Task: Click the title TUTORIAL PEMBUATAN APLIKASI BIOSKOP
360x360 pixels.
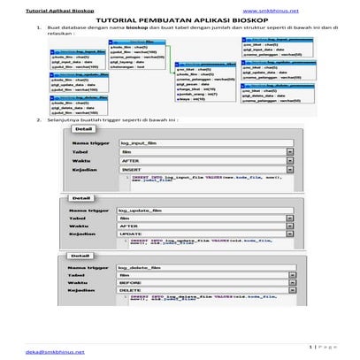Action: (x=180, y=19)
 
